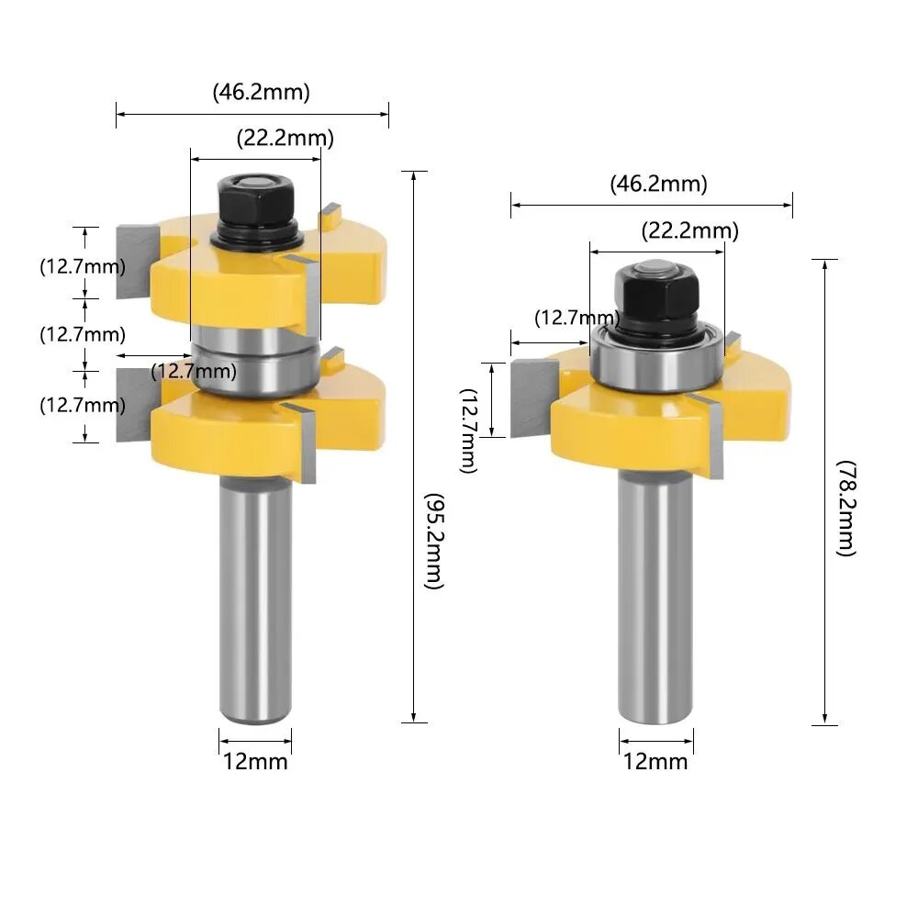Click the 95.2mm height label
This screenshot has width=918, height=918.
pos(434,541)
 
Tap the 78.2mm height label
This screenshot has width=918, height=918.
pos(846,509)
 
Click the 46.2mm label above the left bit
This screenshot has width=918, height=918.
pos(261,92)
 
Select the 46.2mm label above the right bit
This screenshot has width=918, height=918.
pos(658,184)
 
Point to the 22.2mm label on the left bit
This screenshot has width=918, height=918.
pos(285,139)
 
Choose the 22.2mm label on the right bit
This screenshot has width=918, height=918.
pos(690,230)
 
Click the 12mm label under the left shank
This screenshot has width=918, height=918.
pos(255,762)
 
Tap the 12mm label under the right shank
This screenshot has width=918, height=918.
pos(655,762)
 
